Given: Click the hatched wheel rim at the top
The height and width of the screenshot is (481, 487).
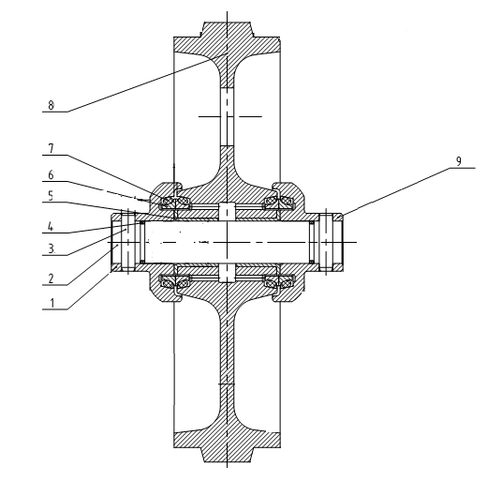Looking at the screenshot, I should pos(225,41).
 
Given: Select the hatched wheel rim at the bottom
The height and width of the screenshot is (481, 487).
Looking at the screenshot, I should pos(225,442).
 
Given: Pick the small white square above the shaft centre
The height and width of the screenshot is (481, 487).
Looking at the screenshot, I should pos(225,207).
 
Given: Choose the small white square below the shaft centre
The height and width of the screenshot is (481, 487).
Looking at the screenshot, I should pos(225,273).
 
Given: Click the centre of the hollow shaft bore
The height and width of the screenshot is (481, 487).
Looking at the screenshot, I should pos(225,240).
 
